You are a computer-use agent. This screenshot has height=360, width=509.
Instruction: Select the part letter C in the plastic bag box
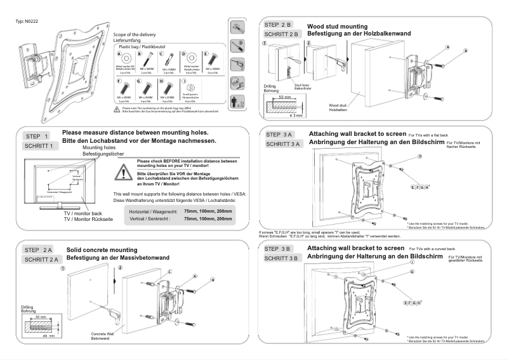tap(163, 55)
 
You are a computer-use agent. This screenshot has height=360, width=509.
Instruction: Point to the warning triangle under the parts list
tap(117, 109)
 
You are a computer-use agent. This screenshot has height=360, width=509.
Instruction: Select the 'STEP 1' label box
tap(38, 137)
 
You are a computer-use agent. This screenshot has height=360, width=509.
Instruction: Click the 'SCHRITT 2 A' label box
tap(42, 260)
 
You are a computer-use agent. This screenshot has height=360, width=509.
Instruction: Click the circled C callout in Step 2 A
tap(170, 271)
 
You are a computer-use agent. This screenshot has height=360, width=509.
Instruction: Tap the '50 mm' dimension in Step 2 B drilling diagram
tap(284, 98)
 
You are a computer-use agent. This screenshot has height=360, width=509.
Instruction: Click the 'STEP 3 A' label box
tap(279, 135)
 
